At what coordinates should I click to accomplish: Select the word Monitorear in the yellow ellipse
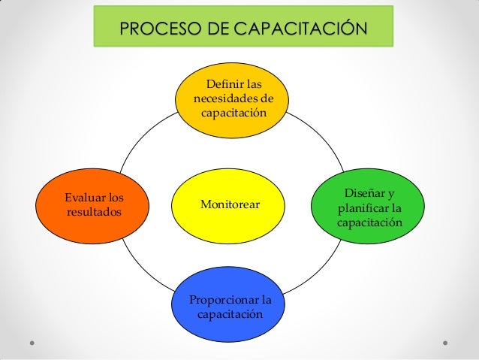[x=231, y=204]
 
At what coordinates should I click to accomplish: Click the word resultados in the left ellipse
[x=94, y=213]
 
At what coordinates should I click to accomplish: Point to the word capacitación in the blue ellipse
[x=230, y=315]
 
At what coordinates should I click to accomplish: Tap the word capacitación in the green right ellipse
[x=369, y=223]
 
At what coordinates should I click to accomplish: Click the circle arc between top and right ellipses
[x=313, y=134]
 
